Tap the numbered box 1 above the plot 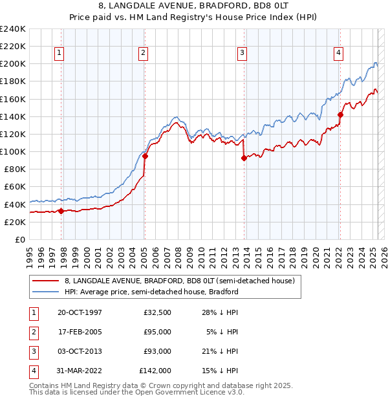tap(59, 53)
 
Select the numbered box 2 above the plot tap(143, 53)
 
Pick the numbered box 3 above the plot tap(242, 53)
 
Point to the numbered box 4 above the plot tap(338, 53)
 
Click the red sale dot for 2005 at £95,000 tap(145, 156)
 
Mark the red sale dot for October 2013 tap(244, 158)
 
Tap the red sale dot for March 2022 tap(340, 114)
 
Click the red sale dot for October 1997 tap(61, 211)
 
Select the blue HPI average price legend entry tap(152, 292)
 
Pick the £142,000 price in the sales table tap(155, 371)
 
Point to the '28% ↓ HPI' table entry tap(222, 312)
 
